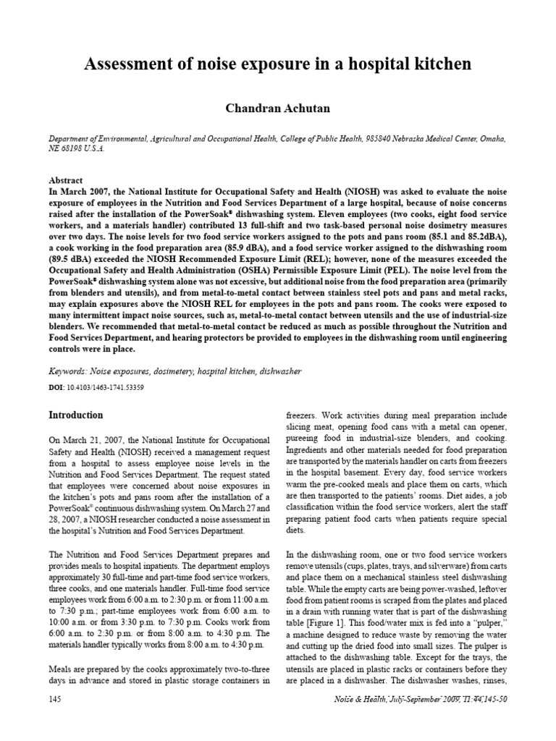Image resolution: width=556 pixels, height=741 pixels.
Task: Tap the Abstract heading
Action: (x=65, y=180)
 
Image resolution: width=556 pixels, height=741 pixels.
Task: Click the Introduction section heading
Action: (x=75, y=415)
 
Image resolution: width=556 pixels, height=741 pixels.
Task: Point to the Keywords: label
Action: (x=72, y=370)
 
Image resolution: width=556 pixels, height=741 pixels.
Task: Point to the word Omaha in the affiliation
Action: (x=489, y=137)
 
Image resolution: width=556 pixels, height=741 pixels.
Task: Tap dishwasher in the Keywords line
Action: (x=278, y=371)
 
